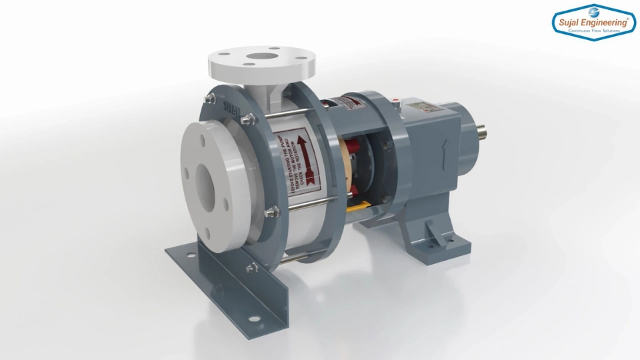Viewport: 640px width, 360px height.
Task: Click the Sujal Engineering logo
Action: click(594, 23)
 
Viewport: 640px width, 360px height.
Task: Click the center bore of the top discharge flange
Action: click(258, 58)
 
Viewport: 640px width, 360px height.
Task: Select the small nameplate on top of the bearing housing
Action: click(421, 106)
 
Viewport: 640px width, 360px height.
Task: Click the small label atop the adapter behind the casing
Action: click(344, 102)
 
